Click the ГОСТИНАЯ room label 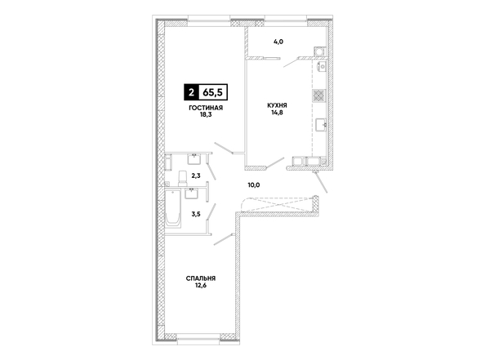pos(206,108)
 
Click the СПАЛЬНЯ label pos(201,278)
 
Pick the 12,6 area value pos(201,286)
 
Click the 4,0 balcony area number pos(278,42)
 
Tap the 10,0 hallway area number pos(254,185)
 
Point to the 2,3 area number pos(196,176)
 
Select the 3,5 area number pos(196,214)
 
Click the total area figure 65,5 pos(213,92)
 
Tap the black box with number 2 pos(191,92)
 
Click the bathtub pos(173,208)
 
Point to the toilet pos(183,179)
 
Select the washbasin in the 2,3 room pos(194,159)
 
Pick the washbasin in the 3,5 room pos(192,193)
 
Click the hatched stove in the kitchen pos(319,96)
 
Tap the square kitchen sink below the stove pos(321,125)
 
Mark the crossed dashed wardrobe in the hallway pos(278,204)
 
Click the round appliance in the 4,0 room pos(319,51)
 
